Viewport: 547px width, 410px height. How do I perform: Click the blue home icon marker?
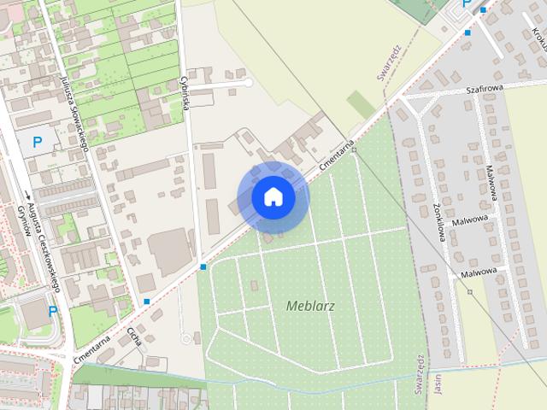(273, 197)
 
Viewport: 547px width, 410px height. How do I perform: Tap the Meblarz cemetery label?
(311, 305)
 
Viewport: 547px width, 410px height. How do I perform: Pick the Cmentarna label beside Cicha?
(93, 348)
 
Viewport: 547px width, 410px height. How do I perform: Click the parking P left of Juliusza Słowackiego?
(38, 142)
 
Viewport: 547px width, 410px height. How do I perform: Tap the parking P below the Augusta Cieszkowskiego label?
(52, 312)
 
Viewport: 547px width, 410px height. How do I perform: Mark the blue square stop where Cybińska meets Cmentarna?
(203, 267)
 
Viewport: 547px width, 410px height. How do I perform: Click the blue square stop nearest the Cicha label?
(148, 302)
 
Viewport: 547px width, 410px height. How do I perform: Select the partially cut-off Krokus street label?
(540, 37)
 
